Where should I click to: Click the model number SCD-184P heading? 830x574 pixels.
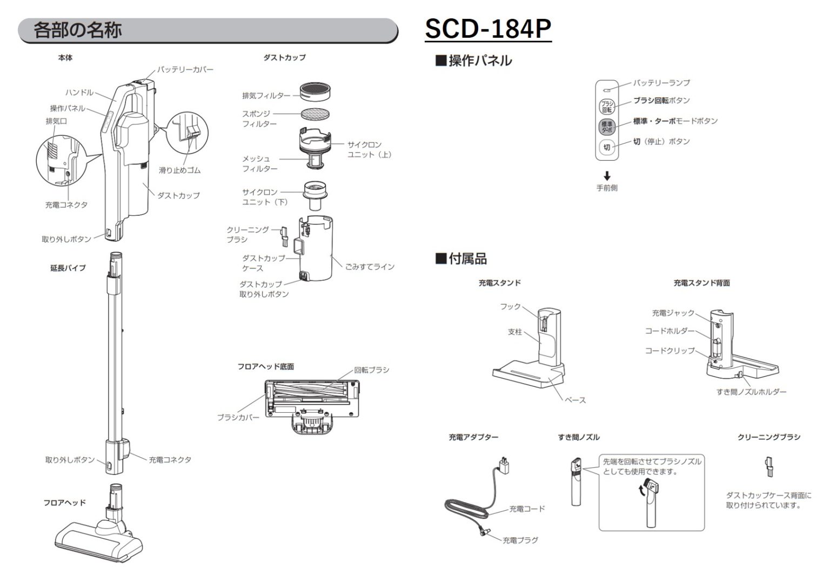[487, 29]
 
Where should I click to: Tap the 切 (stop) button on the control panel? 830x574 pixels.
[607, 147]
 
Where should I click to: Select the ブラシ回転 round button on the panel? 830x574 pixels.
[607, 106]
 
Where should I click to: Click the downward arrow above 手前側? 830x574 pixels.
[607, 176]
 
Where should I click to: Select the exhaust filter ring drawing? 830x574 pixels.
[316, 92]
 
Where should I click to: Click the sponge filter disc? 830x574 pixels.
[316, 114]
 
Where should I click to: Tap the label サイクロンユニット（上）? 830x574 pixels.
[369, 150]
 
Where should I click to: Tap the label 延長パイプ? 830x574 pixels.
[68, 268]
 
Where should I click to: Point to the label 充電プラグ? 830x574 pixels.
[520, 540]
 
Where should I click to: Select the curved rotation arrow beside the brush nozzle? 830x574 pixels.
[641, 490]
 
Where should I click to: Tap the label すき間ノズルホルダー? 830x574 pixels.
[751, 392]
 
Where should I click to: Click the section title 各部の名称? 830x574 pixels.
[78, 30]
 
